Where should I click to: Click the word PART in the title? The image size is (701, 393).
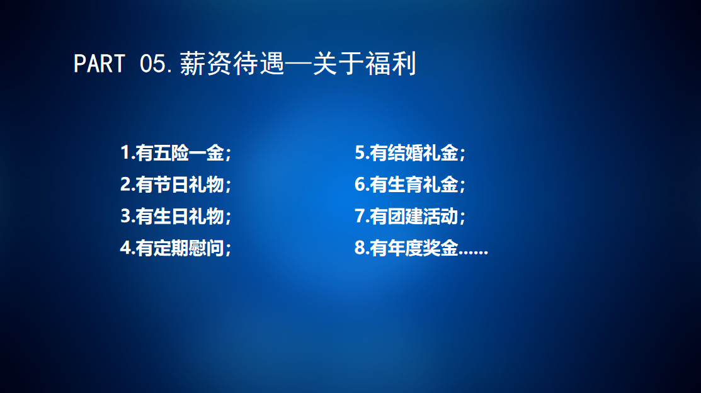point(99,64)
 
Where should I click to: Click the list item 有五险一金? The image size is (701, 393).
point(180,152)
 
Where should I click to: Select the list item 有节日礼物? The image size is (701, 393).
point(180,185)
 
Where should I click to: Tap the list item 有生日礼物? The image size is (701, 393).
point(180,216)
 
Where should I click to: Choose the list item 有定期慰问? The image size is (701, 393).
point(180,248)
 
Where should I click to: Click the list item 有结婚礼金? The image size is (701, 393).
point(414,152)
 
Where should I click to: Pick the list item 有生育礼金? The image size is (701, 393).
point(414,185)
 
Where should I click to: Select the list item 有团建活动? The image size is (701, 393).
point(414,216)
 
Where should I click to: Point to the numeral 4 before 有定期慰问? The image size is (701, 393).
point(125,248)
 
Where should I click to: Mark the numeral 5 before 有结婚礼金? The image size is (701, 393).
point(360,152)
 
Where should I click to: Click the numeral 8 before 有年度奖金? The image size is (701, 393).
point(360,248)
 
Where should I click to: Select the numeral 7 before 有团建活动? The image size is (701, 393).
point(360,216)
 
